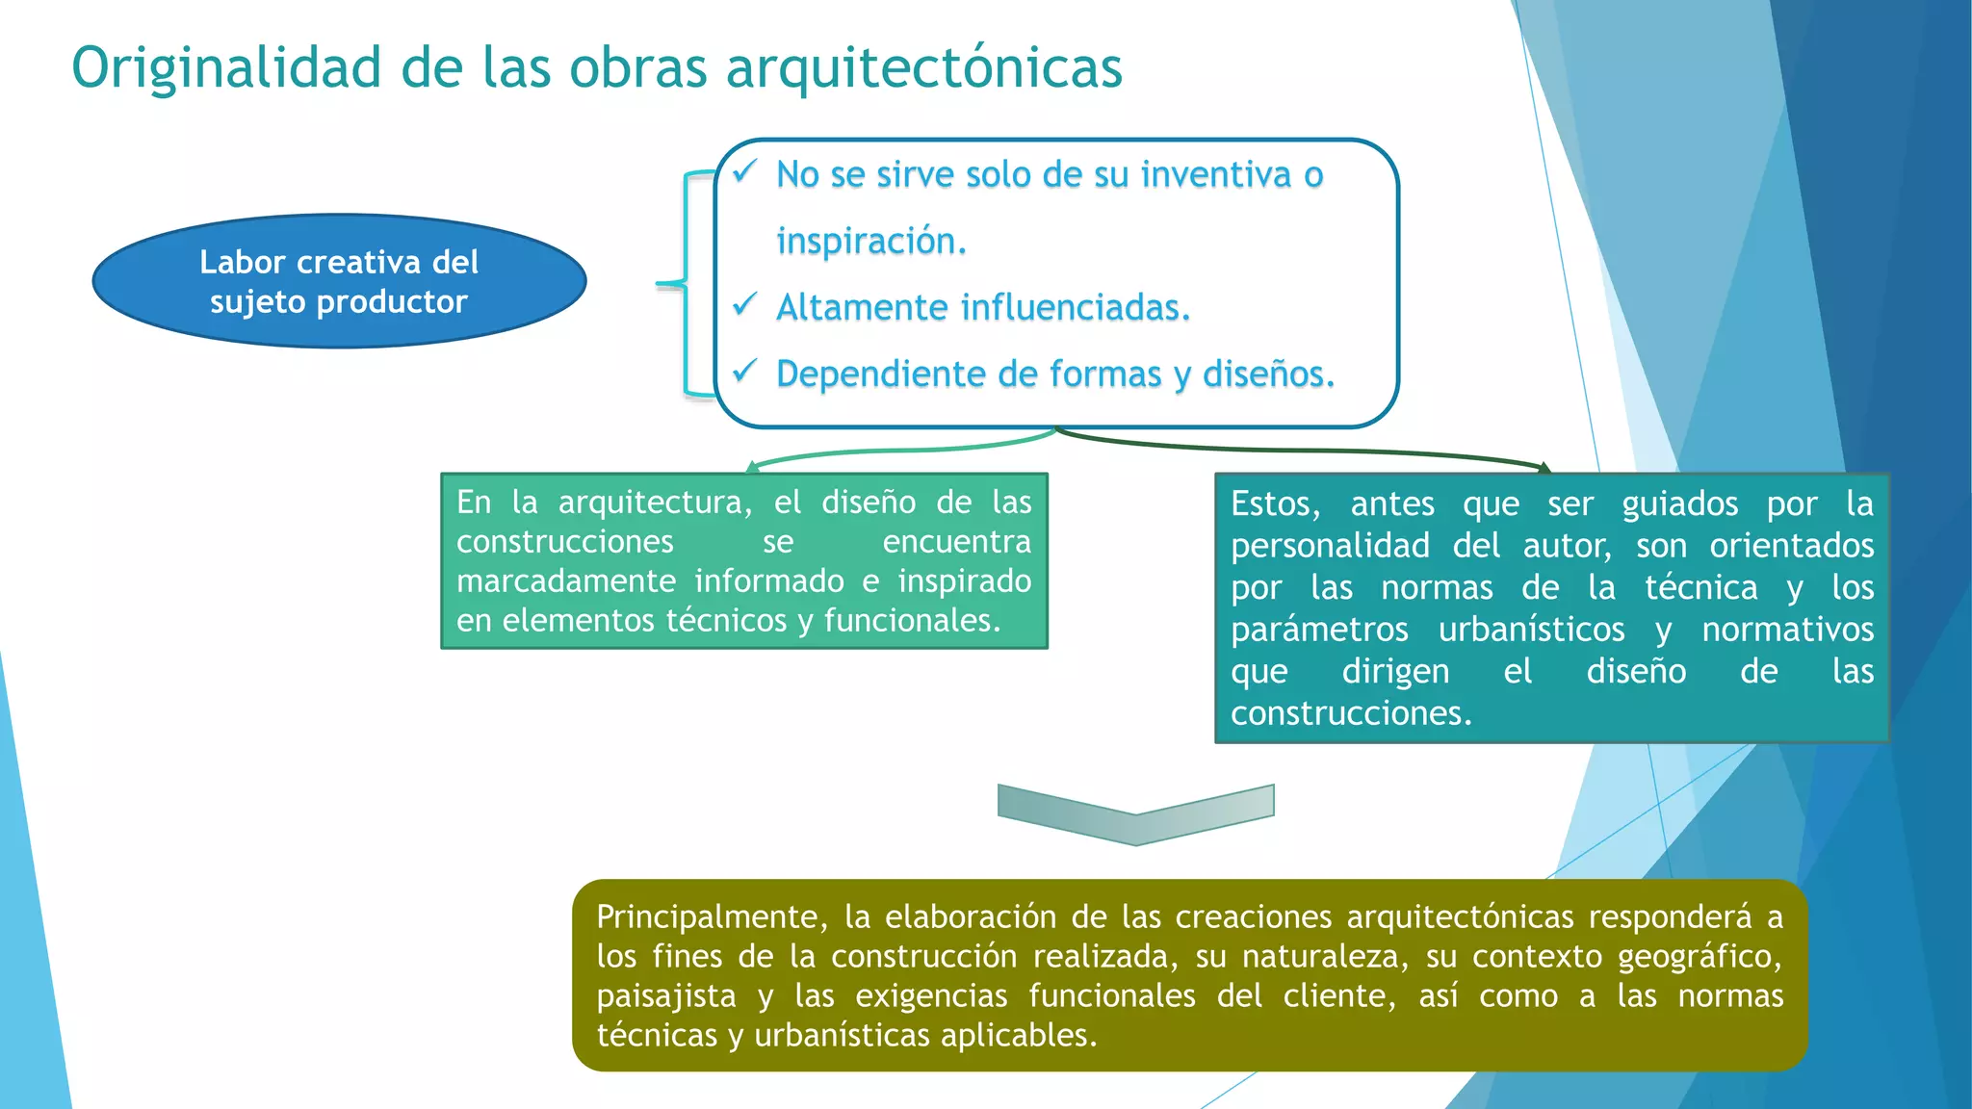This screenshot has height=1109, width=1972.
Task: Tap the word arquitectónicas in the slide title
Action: pyautogui.click(x=923, y=69)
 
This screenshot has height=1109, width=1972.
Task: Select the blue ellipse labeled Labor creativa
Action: pyautogui.click(x=339, y=281)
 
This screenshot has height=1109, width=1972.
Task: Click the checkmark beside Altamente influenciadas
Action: pyautogui.click(x=744, y=305)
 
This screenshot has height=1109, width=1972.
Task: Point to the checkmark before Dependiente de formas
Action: pyautogui.click(x=744, y=372)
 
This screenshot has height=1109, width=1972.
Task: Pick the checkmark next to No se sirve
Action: pyautogui.click(x=744, y=172)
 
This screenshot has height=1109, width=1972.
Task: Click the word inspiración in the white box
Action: pyautogui.click(x=870, y=241)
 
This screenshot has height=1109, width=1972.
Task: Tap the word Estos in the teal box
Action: pyautogui.click(x=1275, y=504)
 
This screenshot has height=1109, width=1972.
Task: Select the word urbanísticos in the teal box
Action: pyautogui.click(x=1531, y=630)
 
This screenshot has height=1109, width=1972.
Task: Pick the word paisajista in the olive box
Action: pyautogui.click(x=665, y=996)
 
